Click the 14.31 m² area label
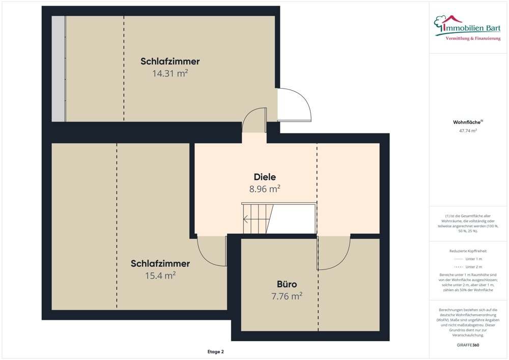click(x=170, y=73)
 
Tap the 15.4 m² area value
click(x=160, y=275)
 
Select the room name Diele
click(x=265, y=177)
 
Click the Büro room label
click(x=287, y=284)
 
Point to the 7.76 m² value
click(x=287, y=296)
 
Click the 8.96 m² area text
click(x=265, y=189)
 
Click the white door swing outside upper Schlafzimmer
click(x=294, y=105)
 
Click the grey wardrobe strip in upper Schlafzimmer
click(x=59, y=69)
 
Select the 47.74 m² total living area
click(x=468, y=131)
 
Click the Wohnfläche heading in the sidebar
click(x=467, y=122)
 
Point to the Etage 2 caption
click(x=215, y=351)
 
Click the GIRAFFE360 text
click(x=468, y=345)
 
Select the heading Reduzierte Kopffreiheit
click(x=468, y=251)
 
